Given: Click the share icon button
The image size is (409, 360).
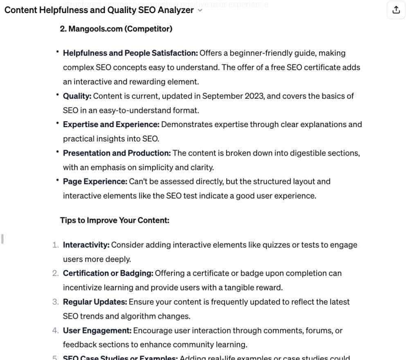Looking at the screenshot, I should click(396, 10).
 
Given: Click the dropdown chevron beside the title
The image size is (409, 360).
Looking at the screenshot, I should click(200, 11).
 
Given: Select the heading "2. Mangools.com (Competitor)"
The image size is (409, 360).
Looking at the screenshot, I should click(116, 29).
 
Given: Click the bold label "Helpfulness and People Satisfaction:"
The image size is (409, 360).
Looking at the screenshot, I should click(130, 53).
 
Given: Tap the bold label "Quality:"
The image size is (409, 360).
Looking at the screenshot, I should click(77, 96).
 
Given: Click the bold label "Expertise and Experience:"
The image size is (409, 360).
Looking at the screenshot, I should click(111, 124).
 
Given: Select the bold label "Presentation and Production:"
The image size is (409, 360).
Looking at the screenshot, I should click(117, 153).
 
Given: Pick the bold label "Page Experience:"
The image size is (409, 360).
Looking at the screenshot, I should click(95, 181).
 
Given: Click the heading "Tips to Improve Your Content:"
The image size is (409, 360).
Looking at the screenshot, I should click(115, 220).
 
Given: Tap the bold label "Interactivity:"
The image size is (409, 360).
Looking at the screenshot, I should click(86, 245).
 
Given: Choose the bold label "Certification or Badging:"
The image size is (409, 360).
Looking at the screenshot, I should click(108, 273).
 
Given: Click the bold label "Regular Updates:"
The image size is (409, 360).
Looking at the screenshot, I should click(95, 302).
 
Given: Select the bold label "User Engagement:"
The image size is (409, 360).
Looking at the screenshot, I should click(97, 330).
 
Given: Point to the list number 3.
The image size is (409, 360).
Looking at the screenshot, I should click(55, 302).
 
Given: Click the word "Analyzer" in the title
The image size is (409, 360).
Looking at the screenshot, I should click(176, 10).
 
